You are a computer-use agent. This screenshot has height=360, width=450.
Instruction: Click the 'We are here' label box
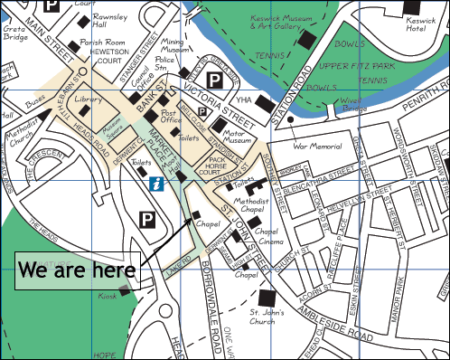pyautogui.click(x=78, y=270)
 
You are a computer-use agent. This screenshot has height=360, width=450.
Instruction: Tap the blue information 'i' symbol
pyautogui.click(x=158, y=185)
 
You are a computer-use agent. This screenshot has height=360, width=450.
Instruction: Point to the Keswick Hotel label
pyautogui.click(x=422, y=23)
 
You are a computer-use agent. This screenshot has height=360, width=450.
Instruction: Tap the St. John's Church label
pyautogui.click(x=268, y=317)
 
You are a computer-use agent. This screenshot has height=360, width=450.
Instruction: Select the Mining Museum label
pyautogui.click(x=173, y=46)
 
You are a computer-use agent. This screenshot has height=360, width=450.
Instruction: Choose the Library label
pyautogui.click(x=88, y=99)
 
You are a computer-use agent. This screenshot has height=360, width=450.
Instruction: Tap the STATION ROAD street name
pyautogui.click(x=299, y=86)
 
